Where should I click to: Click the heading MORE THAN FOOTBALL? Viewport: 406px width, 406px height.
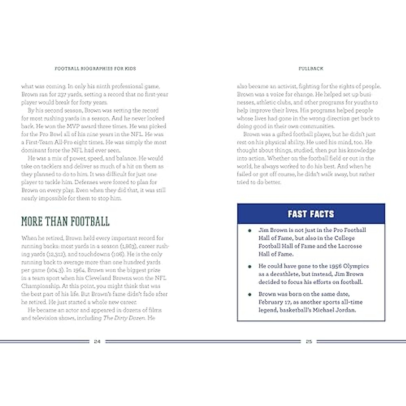65,222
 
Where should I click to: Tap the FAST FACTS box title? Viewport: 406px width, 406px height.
311,214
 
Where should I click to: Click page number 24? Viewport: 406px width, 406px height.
97,342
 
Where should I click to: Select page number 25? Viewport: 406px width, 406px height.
309,342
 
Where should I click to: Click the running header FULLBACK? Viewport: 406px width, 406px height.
311,68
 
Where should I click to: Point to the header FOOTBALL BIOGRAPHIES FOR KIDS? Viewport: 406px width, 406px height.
95,68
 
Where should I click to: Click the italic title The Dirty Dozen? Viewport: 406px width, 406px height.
124,318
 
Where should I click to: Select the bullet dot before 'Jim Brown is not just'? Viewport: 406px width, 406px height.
250,231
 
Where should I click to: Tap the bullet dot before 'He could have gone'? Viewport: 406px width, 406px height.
250,267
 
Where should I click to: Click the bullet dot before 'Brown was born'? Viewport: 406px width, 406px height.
250,294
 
